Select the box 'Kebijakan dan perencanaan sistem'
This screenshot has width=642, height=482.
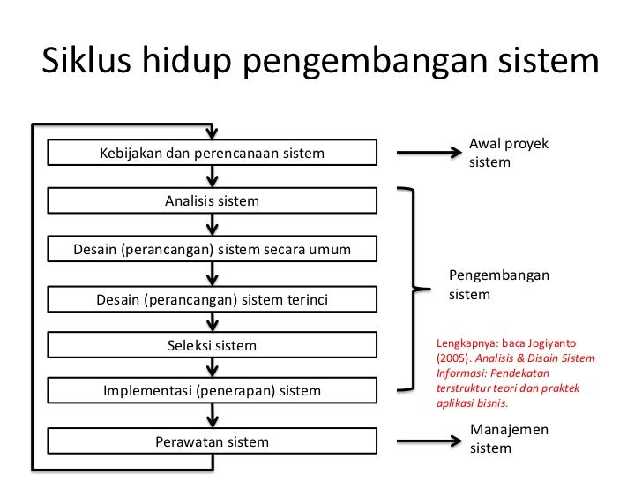(212, 154)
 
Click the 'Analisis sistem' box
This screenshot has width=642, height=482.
(212, 201)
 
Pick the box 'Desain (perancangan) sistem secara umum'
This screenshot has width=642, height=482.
(212, 250)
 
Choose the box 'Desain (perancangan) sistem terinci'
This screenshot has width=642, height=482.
(212, 301)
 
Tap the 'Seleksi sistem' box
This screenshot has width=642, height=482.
(212, 345)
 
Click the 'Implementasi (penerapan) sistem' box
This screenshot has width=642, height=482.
(212, 390)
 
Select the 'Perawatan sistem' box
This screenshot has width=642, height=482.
(212, 441)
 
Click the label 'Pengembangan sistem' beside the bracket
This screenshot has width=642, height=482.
(498, 285)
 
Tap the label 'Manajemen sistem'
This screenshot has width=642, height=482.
(509, 439)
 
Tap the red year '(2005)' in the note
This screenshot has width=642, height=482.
(452, 360)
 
